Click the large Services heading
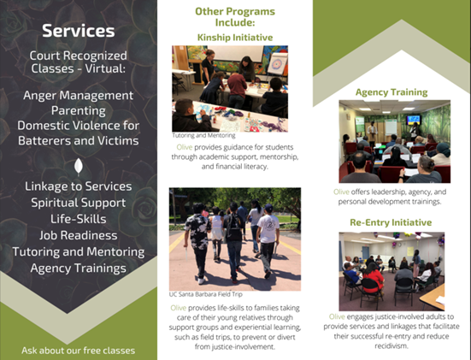pos(79,31)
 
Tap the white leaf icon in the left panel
pos(79,167)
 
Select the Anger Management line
pos(78,96)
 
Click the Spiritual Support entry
pos(79,203)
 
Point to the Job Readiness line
pos(79,235)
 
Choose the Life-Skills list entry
pos(79,219)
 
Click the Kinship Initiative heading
pos(235,38)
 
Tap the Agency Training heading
pos(392,92)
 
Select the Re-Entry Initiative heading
pos(391,222)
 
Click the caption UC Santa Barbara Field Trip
pos(205,294)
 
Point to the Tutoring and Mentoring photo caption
pos(203,135)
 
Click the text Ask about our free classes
pos(79,351)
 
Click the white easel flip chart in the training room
pos(391,127)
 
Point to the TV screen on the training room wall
pos(414,120)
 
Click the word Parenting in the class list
pos(79,110)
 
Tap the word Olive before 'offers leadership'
pos(341,192)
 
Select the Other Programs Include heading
pos(235,17)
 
